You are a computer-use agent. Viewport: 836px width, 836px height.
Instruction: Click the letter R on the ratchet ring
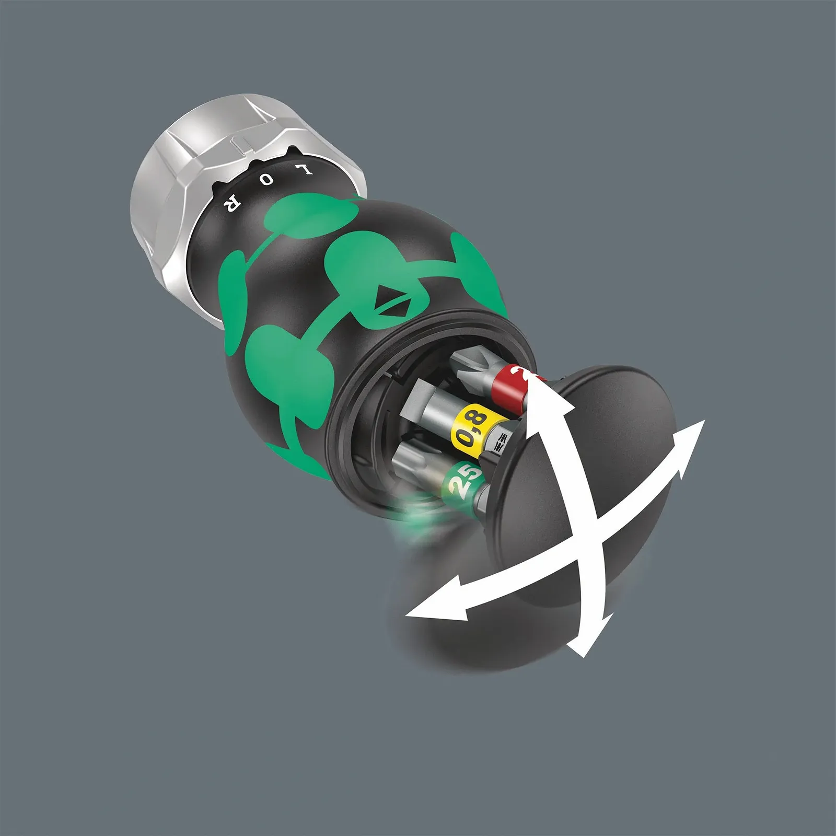pyautogui.click(x=230, y=205)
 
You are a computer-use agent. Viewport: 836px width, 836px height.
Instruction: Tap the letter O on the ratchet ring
pyautogui.click(x=267, y=180)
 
